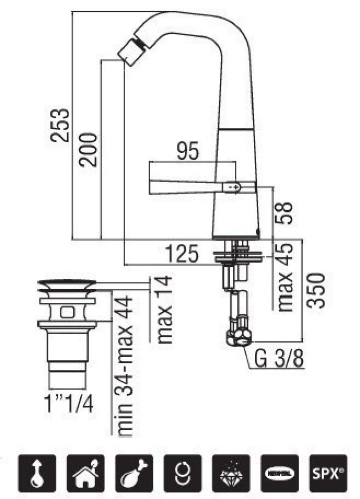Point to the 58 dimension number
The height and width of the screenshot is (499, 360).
pyautogui.click(x=285, y=212)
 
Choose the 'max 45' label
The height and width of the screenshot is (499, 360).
pyautogui.click(x=285, y=277)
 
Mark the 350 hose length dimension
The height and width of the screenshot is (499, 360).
pyautogui.click(x=318, y=291)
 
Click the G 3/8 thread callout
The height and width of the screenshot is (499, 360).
pyautogui.click(x=279, y=358)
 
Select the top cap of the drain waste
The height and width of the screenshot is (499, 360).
pyautogui.click(x=66, y=285)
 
